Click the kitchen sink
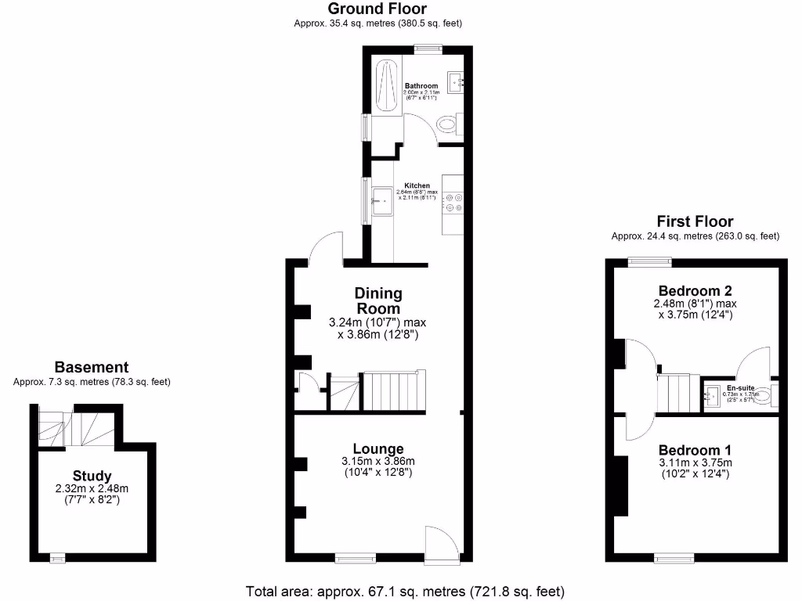tap(383, 201)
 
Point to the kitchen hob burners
tap(453, 203)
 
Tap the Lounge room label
tap(378, 448)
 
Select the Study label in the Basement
tap(92, 476)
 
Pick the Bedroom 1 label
tap(695, 450)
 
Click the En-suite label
tap(739, 387)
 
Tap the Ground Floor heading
tap(378, 9)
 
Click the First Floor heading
tap(695, 221)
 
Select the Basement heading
tap(92, 367)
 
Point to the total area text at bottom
tap(405, 591)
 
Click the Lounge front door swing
tap(440, 542)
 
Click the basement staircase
tap(78, 427)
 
